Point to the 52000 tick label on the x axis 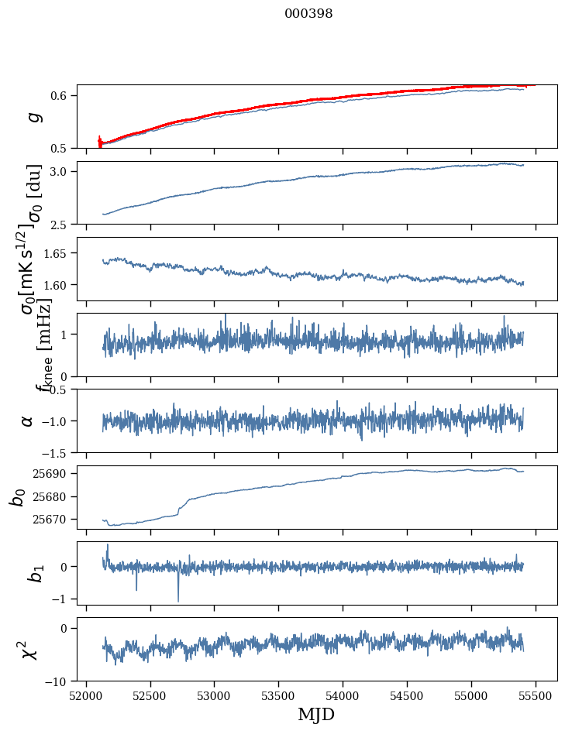tap(86, 695)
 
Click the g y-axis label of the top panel tap(33, 116)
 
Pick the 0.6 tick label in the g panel tap(62, 95)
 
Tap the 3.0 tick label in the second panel tap(62, 171)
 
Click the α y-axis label tap(28, 420)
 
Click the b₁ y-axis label tap(34, 573)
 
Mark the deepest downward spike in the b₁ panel tap(178, 601)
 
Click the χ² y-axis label tap(29, 649)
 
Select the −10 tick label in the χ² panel tap(59, 681)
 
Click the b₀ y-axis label tap(17, 496)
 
